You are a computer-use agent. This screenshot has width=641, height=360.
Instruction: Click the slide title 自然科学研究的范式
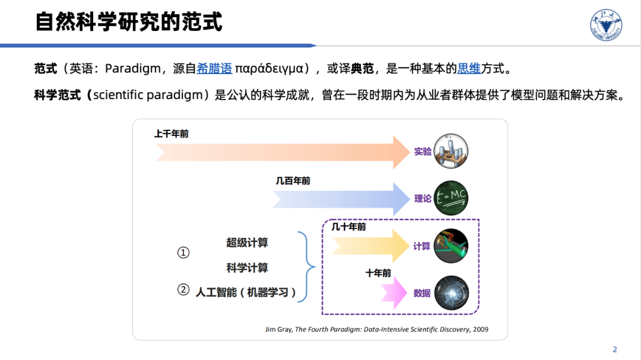(x=129, y=22)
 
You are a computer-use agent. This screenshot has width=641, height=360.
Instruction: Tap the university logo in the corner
(x=606, y=26)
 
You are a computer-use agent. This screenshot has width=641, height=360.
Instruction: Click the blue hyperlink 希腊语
(x=214, y=68)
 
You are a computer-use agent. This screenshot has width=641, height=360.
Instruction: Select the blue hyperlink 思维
(x=468, y=68)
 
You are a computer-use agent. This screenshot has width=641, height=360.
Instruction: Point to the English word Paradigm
(x=132, y=68)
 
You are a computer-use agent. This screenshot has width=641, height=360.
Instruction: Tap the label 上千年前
(x=171, y=134)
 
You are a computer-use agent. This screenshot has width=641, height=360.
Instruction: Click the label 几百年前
(x=293, y=181)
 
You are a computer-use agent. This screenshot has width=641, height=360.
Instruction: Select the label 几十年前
(x=348, y=227)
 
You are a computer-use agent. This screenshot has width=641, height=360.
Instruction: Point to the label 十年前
(x=378, y=273)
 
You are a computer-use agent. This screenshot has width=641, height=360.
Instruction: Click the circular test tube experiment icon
(x=451, y=151)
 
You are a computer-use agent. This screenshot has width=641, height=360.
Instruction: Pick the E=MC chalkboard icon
(x=451, y=198)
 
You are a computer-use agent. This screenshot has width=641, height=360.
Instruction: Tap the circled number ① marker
(x=183, y=253)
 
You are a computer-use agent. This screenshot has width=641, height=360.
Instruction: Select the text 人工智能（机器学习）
(x=246, y=292)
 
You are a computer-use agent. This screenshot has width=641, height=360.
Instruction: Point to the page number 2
(x=615, y=349)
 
